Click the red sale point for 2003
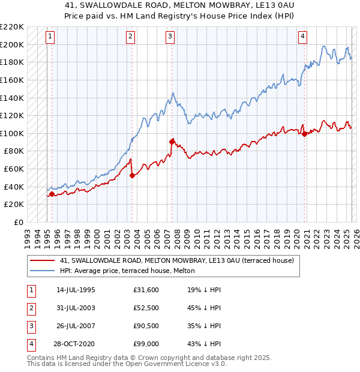point(132,175)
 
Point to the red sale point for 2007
point(172,142)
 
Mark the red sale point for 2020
point(304,134)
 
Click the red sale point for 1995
point(52,194)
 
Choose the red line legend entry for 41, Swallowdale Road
point(176,261)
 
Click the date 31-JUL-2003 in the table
point(76,308)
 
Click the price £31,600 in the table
point(146,290)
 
